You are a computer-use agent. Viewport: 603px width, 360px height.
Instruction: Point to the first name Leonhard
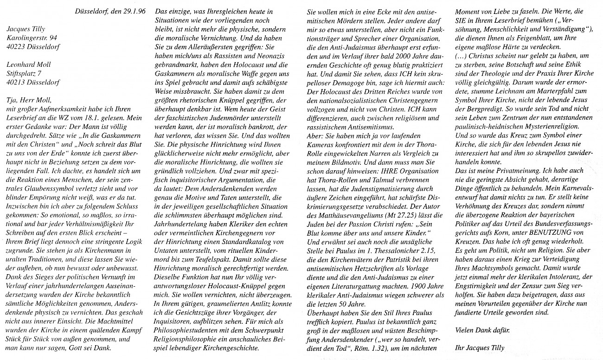[20, 64]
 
